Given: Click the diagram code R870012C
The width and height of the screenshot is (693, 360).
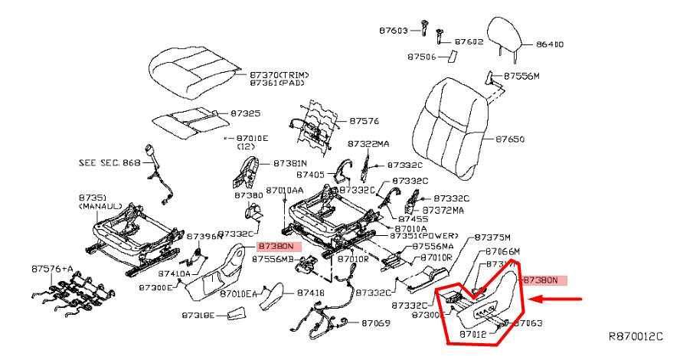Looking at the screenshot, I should tap(635, 336).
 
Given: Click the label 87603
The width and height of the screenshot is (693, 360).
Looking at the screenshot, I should tap(394, 31).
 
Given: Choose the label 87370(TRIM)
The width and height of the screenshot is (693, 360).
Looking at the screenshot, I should tap(279, 74).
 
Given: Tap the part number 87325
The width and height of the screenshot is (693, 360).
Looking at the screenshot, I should tap(246, 113).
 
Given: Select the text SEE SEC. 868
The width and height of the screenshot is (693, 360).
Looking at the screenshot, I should tap(110, 162).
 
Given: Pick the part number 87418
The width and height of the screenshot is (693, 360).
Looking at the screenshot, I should tap(311, 293).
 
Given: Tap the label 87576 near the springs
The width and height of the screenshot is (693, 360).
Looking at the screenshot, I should tap(364, 121).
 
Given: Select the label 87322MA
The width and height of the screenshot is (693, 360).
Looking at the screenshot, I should tap(368, 143).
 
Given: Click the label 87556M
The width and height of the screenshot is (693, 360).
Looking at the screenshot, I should tap(522, 77).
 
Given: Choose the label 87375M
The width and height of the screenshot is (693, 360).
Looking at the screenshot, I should tap(492, 237).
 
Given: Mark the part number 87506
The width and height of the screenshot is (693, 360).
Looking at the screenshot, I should tap(422, 57).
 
